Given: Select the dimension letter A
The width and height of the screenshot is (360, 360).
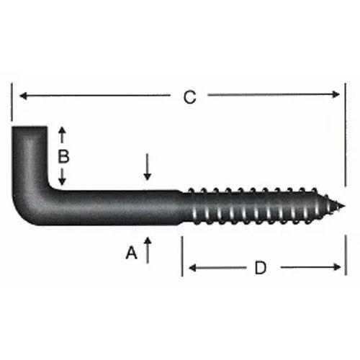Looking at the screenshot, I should [130, 253].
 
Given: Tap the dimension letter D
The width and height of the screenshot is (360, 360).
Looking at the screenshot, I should [261, 269].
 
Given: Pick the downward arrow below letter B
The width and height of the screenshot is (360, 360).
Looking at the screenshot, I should [62, 179].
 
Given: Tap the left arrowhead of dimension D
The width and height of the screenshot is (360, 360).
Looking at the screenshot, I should [191, 269].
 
